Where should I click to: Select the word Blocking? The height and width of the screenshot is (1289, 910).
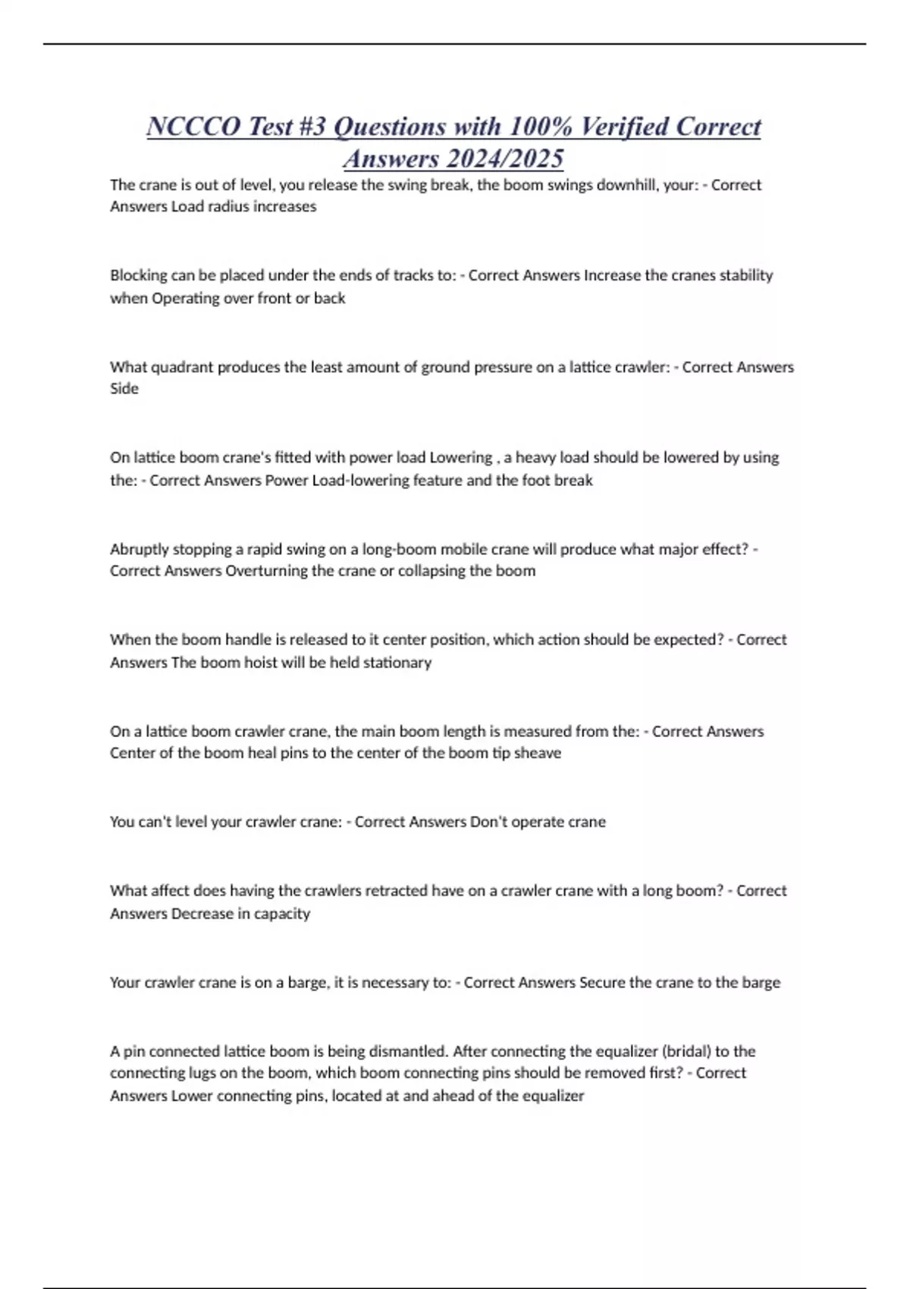point(138,275)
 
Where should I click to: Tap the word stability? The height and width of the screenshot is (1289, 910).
point(745,275)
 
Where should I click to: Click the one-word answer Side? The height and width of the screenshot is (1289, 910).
point(124,388)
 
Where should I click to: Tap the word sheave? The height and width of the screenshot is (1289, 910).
point(537,753)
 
